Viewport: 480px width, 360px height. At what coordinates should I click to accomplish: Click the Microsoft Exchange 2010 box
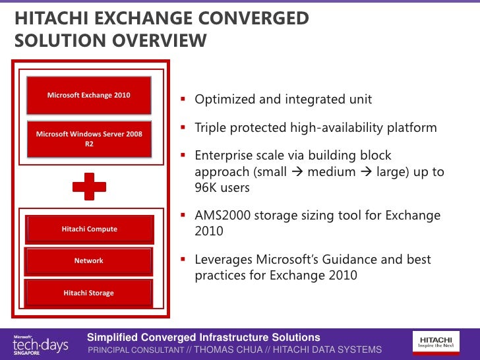coord(88,96)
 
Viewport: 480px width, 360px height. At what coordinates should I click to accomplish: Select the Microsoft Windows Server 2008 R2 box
coord(88,138)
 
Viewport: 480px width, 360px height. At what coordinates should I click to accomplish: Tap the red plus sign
coord(89,187)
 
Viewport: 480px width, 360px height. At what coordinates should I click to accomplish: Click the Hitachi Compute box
coord(89,229)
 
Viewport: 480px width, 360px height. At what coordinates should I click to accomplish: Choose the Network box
coord(88,261)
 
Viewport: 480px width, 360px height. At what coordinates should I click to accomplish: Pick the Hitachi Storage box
coord(88,293)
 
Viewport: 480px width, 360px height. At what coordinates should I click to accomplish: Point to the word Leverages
coord(224,260)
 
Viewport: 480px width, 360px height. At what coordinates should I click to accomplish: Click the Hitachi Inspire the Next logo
coord(440,341)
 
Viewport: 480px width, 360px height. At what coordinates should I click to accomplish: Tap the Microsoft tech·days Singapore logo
coord(40,344)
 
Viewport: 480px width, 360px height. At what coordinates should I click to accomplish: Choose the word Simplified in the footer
coord(112,338)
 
